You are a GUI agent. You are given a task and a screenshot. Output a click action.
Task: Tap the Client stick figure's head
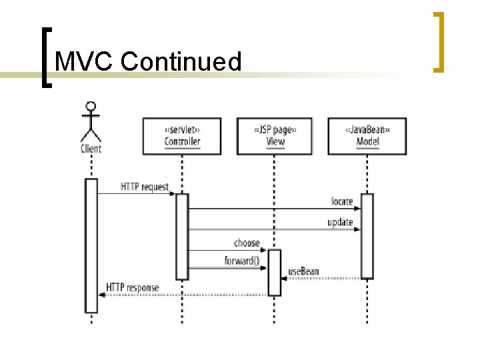point(91,106)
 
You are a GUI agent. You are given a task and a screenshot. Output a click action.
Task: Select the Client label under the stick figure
point(91,149)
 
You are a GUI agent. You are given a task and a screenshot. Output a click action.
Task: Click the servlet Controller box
point(182,136)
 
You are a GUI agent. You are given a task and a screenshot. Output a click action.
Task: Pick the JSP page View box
point(275,136)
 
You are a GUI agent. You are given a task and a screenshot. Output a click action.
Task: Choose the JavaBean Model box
point(367,136)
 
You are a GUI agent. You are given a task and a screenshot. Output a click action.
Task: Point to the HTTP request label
point(145,187)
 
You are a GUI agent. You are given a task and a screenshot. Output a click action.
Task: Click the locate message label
point(342,201)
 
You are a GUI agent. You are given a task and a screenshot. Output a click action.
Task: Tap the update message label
point(340,222)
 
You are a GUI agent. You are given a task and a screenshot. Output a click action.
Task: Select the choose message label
point(247,243)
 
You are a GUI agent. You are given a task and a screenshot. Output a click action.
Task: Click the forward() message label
point(241,261)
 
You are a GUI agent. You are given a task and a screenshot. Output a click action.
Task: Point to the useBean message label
point(303,271)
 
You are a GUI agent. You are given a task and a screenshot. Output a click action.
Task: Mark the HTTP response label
point(133,288)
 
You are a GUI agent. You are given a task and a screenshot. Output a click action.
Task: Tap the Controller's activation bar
point(182,236)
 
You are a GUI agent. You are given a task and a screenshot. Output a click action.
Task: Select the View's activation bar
point(275,272)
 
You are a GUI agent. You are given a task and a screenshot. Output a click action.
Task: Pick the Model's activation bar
point(367,235)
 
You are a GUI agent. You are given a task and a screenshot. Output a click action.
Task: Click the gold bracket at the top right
point(439,41)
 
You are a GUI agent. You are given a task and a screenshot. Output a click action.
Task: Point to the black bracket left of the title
point(45,57)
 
